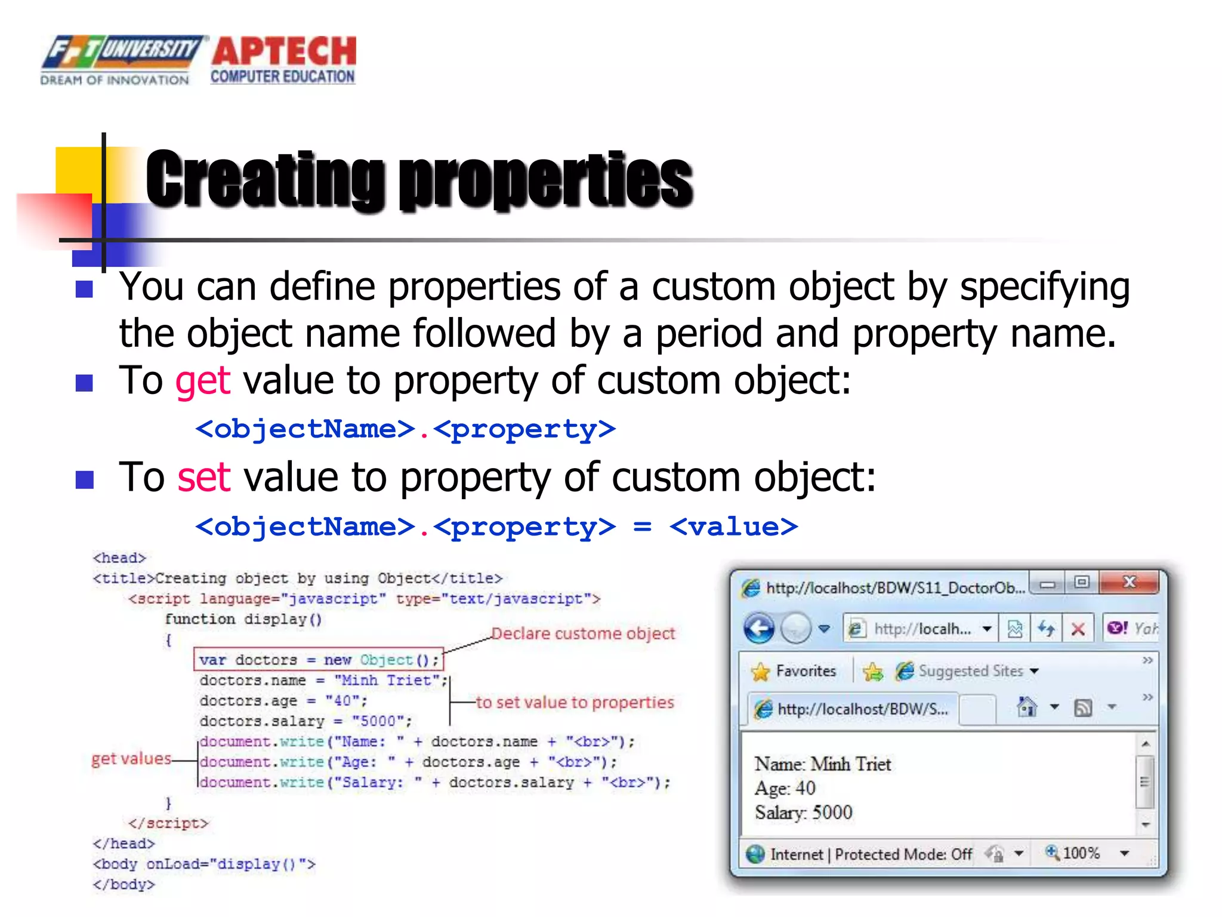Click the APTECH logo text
click(x=284, y=51)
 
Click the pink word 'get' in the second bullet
click(x=202, y=381)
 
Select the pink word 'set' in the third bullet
click(x=203, y=478)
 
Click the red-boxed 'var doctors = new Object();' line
click(x=319, y=660)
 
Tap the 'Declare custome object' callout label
click(x=582, y=633)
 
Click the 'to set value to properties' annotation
click(x=575, y=702)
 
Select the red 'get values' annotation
click(x=131, y=759)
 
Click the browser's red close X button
click(x=1129, y=582)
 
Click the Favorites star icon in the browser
click(x=761, y=672)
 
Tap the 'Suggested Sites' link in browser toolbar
click(x=970, y=671)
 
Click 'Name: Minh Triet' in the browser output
click(x=822, y=764)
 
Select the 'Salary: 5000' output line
click(x=803, y=813)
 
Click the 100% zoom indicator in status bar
click(x=1080, y=853)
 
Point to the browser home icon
click(x=1027, y=707)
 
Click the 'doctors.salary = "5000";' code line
click(x=305, y=721)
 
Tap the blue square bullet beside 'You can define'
click(x=85, y=290)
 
